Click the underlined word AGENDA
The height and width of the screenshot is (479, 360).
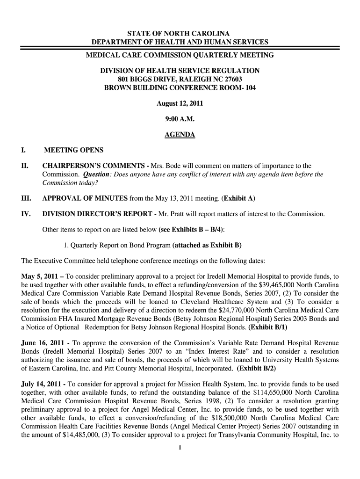point(180,135)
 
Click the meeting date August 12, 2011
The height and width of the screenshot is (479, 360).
point(180,103)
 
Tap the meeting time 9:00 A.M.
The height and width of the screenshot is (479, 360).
point(180,119)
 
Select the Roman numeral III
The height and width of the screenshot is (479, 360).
point(26,198)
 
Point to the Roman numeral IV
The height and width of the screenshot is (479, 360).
point(26,214)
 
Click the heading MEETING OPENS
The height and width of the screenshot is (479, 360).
point(73,150)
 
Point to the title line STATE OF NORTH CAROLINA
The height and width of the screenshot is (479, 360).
point(180,34)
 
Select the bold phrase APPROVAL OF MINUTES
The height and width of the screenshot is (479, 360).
point(85,198)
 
